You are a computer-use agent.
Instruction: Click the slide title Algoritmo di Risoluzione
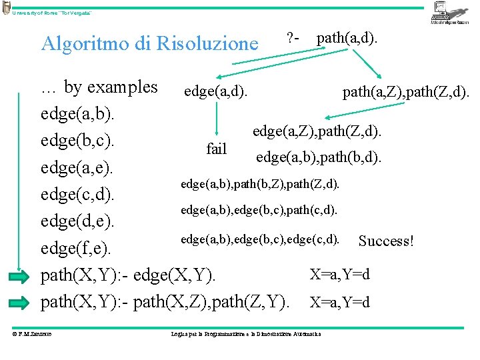click(x=149, y=43)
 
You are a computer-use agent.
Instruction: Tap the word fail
click(x=217, y=149)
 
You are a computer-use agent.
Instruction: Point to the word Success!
click(x=386, y=241)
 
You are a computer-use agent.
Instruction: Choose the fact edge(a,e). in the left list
click(x=77, y=168)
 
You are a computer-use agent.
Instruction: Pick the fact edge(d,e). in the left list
click(x=77, y=221)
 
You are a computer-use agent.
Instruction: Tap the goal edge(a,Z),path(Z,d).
click(x=317, y=131)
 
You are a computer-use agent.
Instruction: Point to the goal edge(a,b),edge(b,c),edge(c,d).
click(x=260, y=238)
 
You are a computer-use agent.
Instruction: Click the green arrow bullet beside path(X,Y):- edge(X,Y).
click(x=20, y=276)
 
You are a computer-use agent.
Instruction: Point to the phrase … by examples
click(x=99, y=87)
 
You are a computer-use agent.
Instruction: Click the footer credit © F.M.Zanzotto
click(x=33, y=333)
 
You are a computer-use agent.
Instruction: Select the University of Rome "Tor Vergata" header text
click(x=51, y=13)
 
